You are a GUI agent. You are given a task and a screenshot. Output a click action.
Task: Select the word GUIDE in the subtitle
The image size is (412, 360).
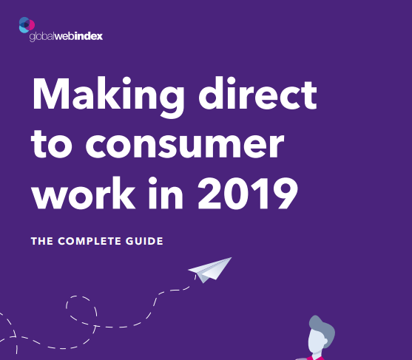[x=143, y=241]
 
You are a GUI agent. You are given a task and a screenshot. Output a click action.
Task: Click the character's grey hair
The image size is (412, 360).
[x=319, y=326]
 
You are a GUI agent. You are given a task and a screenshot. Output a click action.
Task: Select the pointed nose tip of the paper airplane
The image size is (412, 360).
[x=231, y=258]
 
